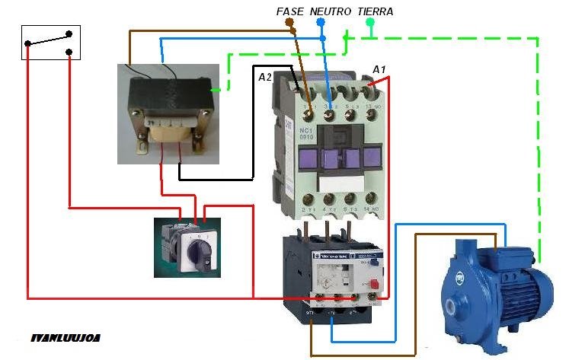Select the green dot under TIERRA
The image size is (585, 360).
click(370, 23)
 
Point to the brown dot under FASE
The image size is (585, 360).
click(289, 23)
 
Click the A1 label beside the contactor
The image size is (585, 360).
click(379, 69)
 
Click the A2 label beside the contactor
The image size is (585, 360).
click(264, 77)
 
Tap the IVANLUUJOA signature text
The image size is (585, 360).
click(66, 336)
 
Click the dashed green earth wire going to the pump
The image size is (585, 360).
click(539, 152)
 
